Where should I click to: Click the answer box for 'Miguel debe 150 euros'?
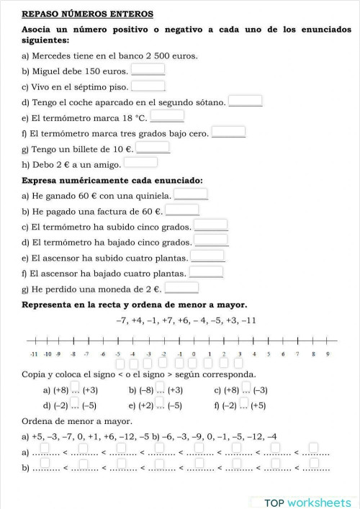(148, 70)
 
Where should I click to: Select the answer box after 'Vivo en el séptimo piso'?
(148, 86)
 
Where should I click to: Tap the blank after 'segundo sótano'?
(245, 101)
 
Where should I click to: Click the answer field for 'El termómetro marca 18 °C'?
(167, 116)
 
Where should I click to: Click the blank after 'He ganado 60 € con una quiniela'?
(192, 194)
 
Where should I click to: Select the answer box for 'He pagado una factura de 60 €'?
(182, 210)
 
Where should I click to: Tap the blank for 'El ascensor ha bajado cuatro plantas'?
(206, 271)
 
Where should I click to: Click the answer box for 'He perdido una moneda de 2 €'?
(181, 287)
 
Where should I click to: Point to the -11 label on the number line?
(33, 354)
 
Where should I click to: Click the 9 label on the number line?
(328, 354)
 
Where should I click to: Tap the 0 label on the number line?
(194, 354)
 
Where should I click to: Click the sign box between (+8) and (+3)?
(75, 389)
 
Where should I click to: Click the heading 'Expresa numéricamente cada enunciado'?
(112, 180)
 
